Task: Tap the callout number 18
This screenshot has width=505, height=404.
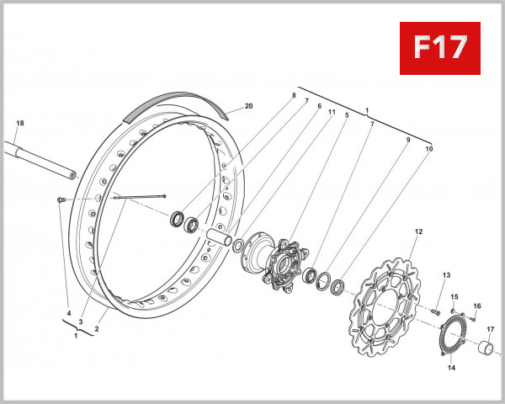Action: click(x=19, y=123)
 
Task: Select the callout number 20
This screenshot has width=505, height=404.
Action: click(x=248, y=106)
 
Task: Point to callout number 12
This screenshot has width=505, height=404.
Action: click(x=417, y=231)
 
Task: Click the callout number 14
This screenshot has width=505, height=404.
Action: click(x=451, y=368)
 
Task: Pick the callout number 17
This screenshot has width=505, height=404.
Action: click(x=490, y=329)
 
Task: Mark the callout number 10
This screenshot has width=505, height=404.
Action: click(x=429, y=149)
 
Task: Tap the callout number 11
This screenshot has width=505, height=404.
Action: click(x=332, y=112)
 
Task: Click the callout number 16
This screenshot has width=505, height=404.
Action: click(x=476, y=306)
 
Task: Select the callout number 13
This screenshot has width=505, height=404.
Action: click(x=447, y=275)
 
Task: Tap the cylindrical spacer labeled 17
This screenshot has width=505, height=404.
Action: click(x=486, y=348)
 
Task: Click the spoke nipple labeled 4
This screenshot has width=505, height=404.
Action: click(x=61, y=199)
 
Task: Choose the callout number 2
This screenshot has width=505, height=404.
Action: click(x=97, y=329)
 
